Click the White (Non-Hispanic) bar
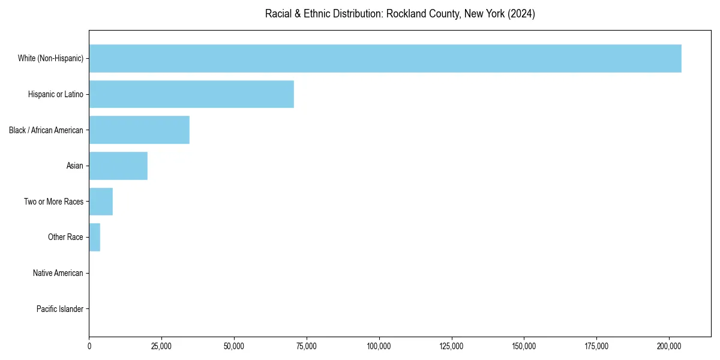tap(385, 58)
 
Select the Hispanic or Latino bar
tap(191, 94)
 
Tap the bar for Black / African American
tap(139, 130)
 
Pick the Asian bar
tap(118, 166)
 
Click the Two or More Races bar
tap(101, 202)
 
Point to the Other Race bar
tap(95, 237)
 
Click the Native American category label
tap(58, 273)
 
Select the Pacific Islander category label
tap(60, 309)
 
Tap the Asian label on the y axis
tap(75, 166)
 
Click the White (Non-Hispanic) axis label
tap(50, 58)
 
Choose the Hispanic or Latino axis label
tap(56, 94)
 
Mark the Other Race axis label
tap(65, 237)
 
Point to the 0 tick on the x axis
tap(89, 346)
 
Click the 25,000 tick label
tap(162, 346)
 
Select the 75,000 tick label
tap(307, 346)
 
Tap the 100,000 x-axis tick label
tap(379, 346)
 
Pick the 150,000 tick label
tap(524, 346)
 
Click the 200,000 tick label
tap(669, 346)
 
